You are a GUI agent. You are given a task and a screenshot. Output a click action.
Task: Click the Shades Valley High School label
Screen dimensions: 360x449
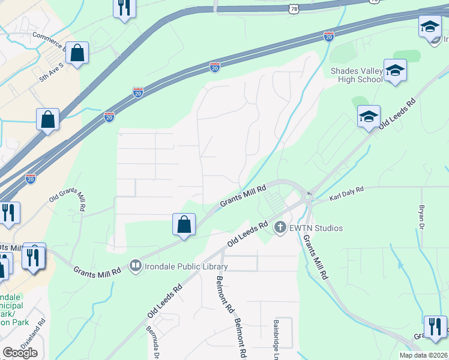357,75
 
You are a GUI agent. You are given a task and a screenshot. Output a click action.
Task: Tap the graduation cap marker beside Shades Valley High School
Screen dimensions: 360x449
395,70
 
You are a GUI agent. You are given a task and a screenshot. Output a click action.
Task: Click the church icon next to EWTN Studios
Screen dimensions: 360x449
279,227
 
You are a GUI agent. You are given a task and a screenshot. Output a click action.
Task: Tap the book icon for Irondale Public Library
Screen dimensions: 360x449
136,266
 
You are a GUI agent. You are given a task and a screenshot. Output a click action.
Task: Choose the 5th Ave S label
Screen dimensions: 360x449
51,70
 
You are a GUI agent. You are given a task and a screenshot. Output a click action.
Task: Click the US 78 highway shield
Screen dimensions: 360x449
293,9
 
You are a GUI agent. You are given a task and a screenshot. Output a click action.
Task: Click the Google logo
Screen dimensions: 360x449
20,353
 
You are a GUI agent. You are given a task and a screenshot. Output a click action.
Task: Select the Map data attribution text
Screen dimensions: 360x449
423,355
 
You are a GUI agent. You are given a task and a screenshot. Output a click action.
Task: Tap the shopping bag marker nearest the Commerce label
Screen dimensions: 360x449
77,53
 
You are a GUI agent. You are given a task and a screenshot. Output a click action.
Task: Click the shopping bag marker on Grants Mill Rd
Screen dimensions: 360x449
184,225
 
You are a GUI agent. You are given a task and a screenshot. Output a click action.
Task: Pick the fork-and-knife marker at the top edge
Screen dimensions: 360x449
125,7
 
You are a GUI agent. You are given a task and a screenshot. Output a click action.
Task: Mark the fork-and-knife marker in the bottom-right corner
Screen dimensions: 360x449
435,326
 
